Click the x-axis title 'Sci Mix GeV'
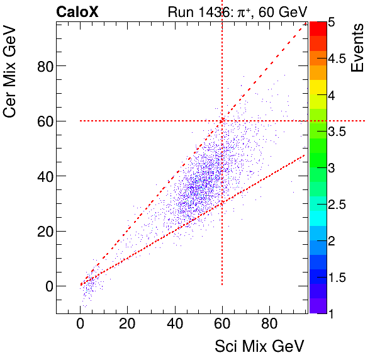[260, 346]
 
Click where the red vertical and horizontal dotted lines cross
[222, 121]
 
